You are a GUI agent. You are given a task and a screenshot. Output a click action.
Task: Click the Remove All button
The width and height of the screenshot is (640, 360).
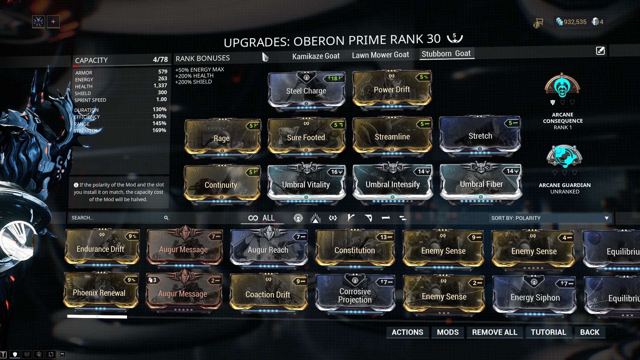click(494, 332)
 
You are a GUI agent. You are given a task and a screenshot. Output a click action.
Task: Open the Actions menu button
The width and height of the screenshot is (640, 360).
click(407, 332)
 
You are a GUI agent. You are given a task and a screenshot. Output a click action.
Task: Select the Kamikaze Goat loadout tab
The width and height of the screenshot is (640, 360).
click(316, 56)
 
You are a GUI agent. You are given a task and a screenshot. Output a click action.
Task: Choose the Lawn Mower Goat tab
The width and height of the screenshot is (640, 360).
click(380, 55)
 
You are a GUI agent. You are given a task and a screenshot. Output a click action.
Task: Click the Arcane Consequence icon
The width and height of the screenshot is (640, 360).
click(562, 86)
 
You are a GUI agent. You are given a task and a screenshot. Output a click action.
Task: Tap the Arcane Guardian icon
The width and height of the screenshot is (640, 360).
click(564, 157)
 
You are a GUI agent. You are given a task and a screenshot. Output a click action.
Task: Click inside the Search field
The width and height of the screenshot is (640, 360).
click(117, 218)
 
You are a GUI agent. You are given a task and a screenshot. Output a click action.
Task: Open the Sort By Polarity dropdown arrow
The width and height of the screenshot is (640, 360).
click(606, 218)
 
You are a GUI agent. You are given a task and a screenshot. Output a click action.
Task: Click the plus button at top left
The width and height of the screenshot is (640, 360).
click(53, 22)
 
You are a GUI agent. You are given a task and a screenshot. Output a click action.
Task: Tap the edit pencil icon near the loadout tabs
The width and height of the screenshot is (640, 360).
click(600, 51)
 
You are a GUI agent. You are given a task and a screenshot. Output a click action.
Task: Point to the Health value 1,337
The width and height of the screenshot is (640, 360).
click(160, 86)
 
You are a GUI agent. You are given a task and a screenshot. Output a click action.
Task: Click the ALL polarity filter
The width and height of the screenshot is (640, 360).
click(262, 218)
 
